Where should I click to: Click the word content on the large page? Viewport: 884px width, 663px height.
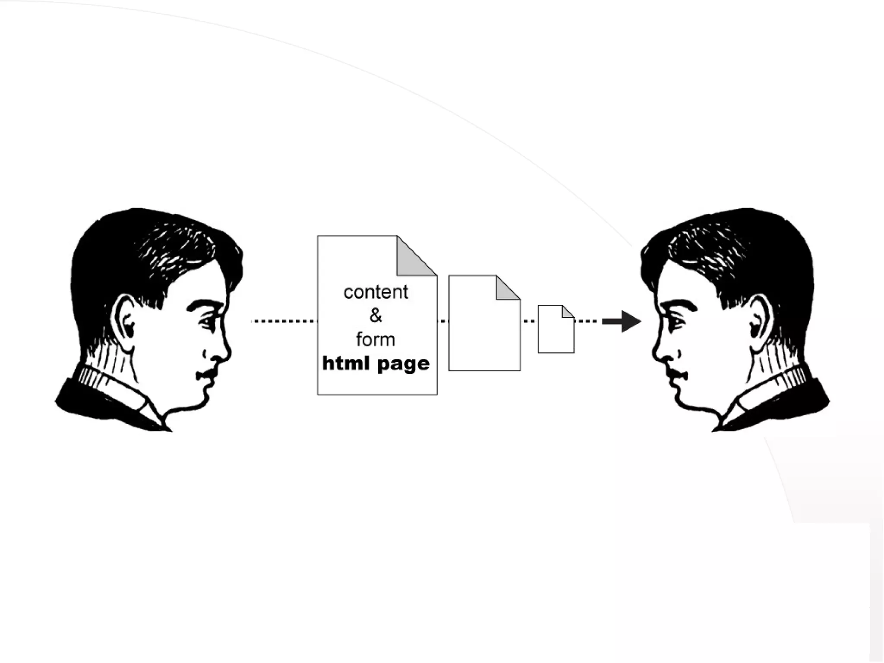coord(376,292)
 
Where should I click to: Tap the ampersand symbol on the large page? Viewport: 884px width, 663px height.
coord(376,316)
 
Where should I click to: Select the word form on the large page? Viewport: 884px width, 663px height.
coord(376,339)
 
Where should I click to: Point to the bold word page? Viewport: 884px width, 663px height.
coord(403,364)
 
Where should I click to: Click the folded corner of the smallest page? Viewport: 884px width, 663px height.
coord(567,312)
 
